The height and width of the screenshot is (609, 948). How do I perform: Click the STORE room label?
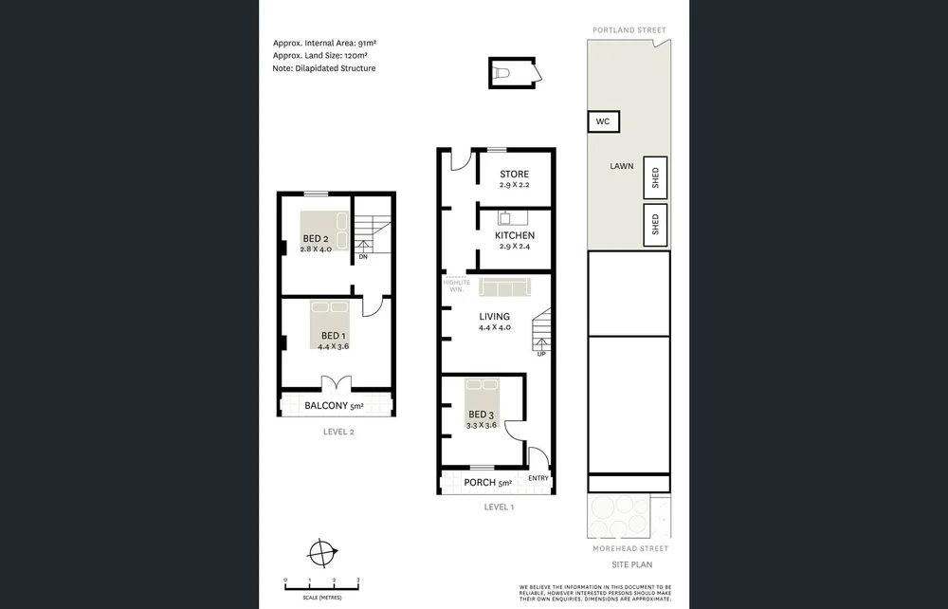click(514, 175)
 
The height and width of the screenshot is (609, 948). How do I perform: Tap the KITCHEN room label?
click(514, 235)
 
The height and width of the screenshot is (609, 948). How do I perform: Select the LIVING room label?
click(494, 317)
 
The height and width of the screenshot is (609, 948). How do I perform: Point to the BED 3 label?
click(481, 415)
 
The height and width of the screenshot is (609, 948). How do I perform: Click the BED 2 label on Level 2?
click(315, 238)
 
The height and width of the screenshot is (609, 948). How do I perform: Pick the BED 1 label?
click(334, 336)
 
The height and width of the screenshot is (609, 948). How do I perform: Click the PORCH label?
click(482, 483)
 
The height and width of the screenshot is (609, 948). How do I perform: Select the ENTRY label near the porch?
click(538, 478)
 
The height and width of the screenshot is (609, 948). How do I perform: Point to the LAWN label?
click(622, 166)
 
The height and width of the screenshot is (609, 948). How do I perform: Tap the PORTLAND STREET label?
click(629, 30)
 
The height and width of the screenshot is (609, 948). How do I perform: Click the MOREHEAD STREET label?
click(629, 548)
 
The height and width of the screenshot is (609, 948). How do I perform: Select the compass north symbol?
click(323, 551)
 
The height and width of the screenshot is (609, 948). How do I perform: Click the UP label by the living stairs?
click(541, 354)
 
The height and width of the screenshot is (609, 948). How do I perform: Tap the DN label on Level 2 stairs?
click(363, 256)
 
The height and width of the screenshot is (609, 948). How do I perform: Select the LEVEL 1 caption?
click(499, 507)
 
